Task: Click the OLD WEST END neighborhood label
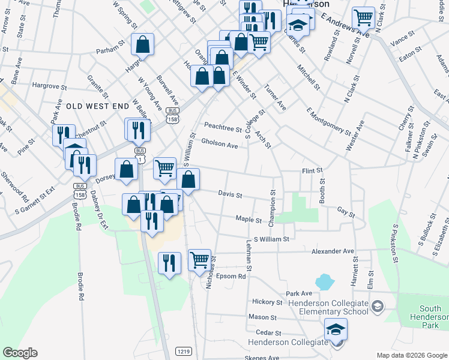click(x=97, y=106)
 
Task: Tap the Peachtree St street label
click(x=223, y=126)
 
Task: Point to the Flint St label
click(x=312, y=171)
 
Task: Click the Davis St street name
click(x=230, y=194)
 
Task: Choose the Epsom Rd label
click(x=233, y=277)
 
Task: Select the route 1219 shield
click(x=184, y=350)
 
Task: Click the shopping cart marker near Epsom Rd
click(x=200, y=260)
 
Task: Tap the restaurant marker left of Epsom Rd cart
click(x=169, y=263)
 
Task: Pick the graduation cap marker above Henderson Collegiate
click(x=336, y=329)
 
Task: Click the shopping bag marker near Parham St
click(x=143, y=44)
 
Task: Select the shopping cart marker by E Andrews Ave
click(x=363, y=17)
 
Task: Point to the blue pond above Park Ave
click(x=324, y=281)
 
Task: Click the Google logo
click(x=20, y=353)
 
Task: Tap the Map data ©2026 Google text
click(x=411, y=355)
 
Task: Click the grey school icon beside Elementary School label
click(x=378, y=307)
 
